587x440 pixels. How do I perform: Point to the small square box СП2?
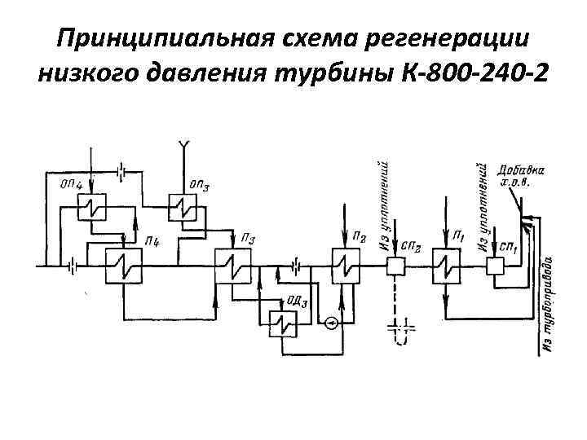tap(396, 265)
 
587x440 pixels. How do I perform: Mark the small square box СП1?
tap(496, 265)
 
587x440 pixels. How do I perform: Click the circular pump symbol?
tap(330, 323)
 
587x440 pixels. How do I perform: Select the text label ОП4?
tap(72, 186)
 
